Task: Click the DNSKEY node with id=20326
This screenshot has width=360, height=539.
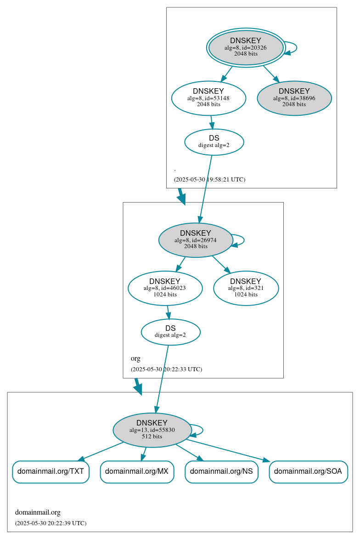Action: (x=246, y=47)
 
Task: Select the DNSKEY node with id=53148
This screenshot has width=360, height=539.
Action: (x=208, y=98)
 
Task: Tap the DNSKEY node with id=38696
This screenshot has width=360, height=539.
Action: (x=294, y=98)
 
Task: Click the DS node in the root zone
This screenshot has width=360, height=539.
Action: (x=214, y=142)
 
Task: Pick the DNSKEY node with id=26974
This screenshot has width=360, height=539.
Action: (x=196, y=240)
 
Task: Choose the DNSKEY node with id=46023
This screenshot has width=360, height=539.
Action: (x=165, y=288)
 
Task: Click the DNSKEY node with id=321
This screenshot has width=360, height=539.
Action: (x=246, y=288)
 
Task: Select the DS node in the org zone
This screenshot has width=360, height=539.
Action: (x=170, y=332)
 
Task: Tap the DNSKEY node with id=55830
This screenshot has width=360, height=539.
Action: (x=152, y=430)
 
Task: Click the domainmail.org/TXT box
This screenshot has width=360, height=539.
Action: (x=51, y=471)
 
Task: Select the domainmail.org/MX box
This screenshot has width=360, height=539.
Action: (x=137, y=471)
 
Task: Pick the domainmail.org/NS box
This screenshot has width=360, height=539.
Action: (x=221, y=471)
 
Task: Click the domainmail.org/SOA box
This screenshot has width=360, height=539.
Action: (x=308, y=471)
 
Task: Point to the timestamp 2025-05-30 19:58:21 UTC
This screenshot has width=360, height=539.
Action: (x=209, y=180)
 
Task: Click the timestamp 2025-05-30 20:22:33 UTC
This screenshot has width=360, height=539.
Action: (x=166, y=369)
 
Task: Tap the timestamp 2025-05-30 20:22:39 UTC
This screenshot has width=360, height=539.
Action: (x=51, y=523)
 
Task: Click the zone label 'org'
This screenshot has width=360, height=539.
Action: (x=135, y=358)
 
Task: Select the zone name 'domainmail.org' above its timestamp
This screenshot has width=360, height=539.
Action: (x=38, y=512)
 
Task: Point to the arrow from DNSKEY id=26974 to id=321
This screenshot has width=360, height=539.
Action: (x=221, y=265)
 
